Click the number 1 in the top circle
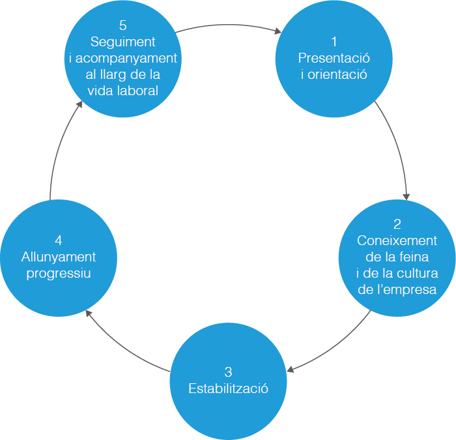click(334, 42)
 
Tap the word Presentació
click(334, 58)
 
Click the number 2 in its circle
click(397, 225)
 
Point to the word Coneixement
click(397, 241)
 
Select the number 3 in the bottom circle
click(228, 372)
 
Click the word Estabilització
click(228, 389)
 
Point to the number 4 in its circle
click(59, 241)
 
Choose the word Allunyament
click(59, 257)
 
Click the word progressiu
click(59, 273)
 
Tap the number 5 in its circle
click(123, 25)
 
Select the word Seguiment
click(123, 42)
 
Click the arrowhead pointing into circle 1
click(278, 30)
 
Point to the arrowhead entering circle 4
click(89, 314)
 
